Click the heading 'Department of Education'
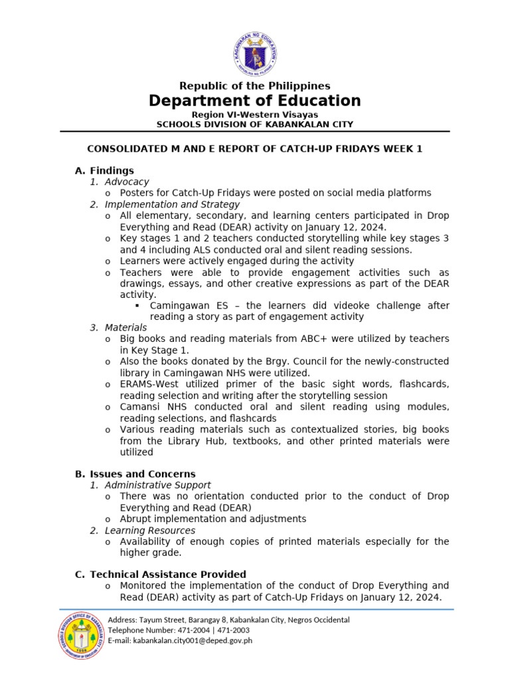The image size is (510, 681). (255, 101)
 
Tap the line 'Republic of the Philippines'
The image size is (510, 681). (255, 86)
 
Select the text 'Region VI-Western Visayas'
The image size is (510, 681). (255, 114)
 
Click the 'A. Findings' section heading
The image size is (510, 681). (104, 170)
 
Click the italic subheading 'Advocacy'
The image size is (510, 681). (127, 182)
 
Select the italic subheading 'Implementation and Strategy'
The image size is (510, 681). (172, 204)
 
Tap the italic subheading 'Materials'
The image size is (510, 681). (126, 328)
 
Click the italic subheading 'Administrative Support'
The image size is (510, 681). (158, 485)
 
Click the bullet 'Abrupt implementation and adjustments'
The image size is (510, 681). (212, 519)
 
